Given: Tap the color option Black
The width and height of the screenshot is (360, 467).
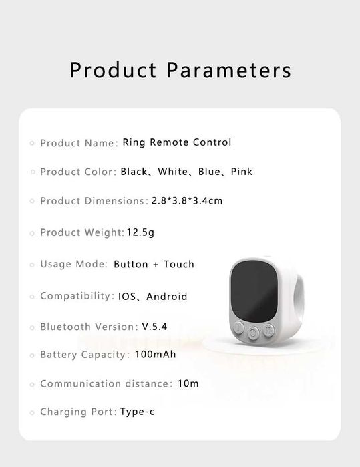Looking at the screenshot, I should coord(134,172).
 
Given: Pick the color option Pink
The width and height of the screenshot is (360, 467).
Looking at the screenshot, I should coord(242,172).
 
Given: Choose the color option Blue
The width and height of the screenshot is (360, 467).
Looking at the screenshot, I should coord(209,172).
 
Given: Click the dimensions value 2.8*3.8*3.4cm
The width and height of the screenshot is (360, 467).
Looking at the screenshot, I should coord(182,201).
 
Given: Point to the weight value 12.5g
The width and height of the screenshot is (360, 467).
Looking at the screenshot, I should coord(140,232).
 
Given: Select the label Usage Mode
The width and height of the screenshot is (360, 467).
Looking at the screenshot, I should coord(73,264).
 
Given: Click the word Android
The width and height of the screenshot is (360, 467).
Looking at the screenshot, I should coord(167,296).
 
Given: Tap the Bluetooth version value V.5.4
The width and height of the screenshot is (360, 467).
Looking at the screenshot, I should coord(154,327).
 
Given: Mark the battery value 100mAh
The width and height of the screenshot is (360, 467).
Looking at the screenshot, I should coord(156,354).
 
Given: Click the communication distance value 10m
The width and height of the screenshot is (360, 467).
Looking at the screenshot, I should coord(188,383).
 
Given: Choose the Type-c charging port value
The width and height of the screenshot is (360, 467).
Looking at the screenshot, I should coord(138,412).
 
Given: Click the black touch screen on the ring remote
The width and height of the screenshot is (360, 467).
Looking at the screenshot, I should coord(253,291).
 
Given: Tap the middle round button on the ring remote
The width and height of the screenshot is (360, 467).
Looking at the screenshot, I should coord(254,331).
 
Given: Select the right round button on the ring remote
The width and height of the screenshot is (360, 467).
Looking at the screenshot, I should coord(268,329).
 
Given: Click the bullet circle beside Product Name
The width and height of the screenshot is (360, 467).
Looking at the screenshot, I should coord(32,143).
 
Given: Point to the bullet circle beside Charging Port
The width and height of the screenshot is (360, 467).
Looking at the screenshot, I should coord(32,412).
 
